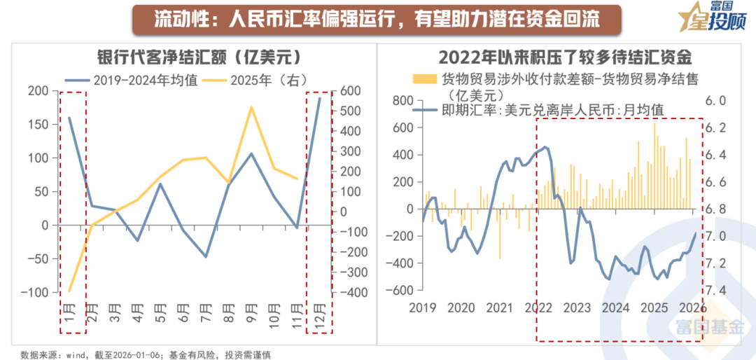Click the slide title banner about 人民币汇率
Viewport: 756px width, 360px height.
click(377, 18)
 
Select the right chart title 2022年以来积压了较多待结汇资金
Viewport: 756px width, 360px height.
click(566, 56)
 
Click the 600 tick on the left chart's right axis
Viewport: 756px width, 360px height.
click(350, 91)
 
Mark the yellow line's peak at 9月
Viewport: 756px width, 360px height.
click(251, 107)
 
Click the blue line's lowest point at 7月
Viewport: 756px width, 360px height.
click(206, 256)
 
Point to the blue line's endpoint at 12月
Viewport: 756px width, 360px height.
click(319, 97)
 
